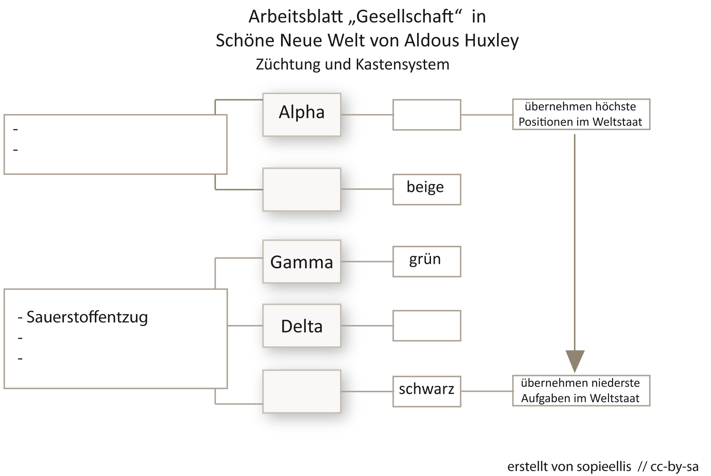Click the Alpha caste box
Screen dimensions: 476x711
tap(302, 115)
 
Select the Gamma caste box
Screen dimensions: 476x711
tap(302, 262)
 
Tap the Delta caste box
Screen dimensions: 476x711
tap(302, 326)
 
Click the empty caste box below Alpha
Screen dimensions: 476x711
tap(302, 189)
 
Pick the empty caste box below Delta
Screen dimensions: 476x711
tap(302, 391)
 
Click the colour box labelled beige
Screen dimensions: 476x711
tap(427, 189)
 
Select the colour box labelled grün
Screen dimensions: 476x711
tap(427, 261)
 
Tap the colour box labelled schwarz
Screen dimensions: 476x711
tap(427, 391)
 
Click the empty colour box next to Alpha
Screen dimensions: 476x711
tap(427, 115)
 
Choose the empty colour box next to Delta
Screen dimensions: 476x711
tap(427, 326)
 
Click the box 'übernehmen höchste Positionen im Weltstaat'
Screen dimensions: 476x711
tap(581, 114)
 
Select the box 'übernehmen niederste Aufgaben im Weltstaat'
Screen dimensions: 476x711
tap(581, 390)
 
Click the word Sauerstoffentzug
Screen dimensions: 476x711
tap(87, 317)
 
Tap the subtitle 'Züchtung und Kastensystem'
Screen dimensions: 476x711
tap(352, 64)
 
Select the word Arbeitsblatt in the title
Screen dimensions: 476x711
tap(295, 16)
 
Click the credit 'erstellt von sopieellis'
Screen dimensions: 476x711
tap(569, 466)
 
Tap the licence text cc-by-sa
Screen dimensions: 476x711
tap(674, 466)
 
